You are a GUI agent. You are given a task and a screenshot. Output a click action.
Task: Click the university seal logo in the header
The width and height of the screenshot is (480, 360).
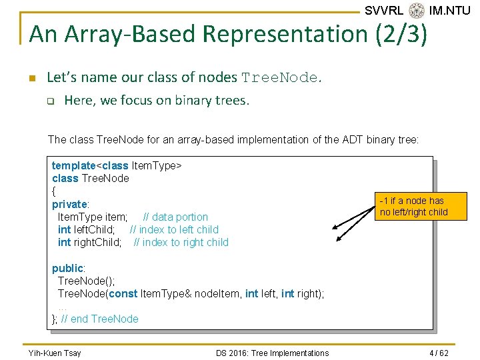(417, 11)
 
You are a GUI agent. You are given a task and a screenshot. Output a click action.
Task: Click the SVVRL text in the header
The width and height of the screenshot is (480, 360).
(384, 11)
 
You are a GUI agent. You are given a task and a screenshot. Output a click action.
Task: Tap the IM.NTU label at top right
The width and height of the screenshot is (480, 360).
(450, 11)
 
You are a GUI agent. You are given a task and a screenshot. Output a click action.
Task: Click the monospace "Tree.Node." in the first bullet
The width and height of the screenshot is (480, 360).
(283, 78)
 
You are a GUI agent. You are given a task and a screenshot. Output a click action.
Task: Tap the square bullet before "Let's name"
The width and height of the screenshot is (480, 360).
(32, 78)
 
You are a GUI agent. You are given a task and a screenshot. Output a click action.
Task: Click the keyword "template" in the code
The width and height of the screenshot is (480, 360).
(74, 165)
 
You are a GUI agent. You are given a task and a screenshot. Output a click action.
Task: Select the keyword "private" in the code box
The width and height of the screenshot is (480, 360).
(70, 204)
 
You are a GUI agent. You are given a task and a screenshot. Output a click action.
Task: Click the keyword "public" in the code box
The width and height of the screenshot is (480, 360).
(68, 268)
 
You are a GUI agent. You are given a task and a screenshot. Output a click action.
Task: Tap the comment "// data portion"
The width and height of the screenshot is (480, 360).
(175, 217)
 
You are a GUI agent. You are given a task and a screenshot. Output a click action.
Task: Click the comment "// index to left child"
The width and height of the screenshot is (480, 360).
(174, 229)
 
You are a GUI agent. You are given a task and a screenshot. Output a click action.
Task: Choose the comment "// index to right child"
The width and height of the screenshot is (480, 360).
(181, 242)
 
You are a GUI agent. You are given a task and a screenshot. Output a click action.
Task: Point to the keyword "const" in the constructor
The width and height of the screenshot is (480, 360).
(123, 293)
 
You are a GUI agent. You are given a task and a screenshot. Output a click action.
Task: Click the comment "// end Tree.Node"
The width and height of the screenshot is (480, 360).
(100, 319)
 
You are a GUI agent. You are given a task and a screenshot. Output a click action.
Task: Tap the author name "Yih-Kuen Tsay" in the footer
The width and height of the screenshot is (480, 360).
(55, 353)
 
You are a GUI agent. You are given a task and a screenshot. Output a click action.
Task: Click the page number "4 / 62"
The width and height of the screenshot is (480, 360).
(438, 353)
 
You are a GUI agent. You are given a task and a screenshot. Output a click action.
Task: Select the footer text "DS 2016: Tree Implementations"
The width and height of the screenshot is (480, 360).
(272, 353)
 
